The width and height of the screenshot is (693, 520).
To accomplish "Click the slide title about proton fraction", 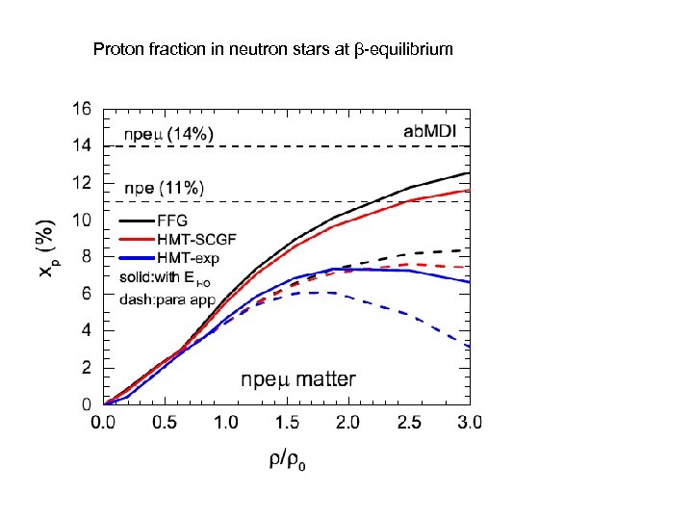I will coord(272,47).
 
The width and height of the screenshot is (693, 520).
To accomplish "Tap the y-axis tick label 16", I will coord(84,109).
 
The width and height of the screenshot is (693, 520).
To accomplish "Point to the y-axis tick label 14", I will coord(84,145).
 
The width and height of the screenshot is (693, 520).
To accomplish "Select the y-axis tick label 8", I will coord(88,257).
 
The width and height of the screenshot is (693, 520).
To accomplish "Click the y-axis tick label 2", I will coord(88,368).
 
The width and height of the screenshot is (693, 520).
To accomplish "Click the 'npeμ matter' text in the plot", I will coord(298,379).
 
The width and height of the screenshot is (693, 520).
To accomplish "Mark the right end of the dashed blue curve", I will coord(469,346).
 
